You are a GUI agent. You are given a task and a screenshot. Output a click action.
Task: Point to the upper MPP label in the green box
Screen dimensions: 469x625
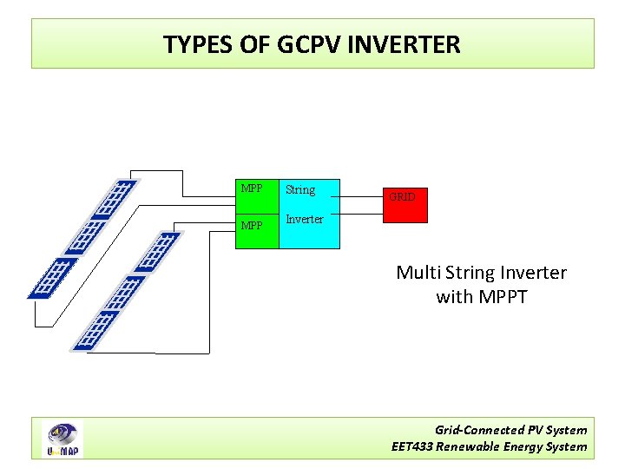click(x=252, y=188)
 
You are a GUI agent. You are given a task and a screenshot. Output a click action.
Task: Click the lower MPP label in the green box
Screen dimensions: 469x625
click(x=252, y=226)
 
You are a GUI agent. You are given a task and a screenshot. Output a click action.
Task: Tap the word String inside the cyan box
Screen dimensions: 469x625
click(x=300, y=189)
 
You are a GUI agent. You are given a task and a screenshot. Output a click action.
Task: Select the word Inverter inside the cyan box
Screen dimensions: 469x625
click(x=305, y=219)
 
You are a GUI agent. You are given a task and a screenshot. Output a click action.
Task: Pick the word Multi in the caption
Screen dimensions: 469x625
click(x=417, y=273)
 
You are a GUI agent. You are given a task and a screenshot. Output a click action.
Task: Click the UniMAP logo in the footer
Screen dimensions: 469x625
click(x=63, y=439)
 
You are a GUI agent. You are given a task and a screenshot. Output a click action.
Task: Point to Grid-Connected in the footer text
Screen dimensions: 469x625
click(x=479, y=430)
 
